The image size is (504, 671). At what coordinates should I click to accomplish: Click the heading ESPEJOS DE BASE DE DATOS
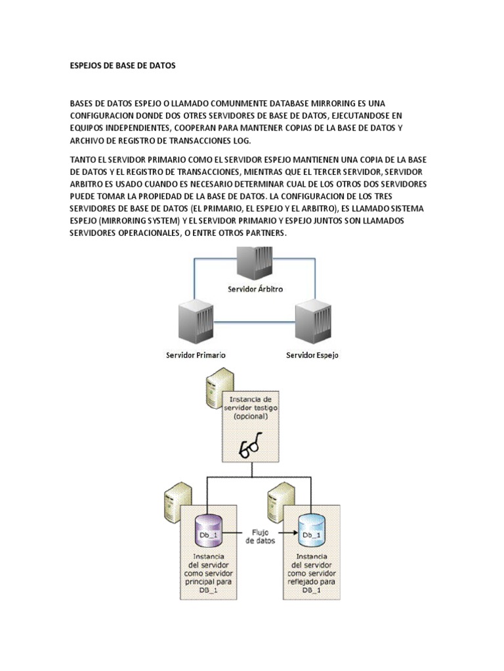pos(123,66)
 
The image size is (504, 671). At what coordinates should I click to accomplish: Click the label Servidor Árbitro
pos(255,289)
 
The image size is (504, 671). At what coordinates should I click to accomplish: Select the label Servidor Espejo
pos(312,355)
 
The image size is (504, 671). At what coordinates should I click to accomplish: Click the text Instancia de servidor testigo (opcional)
pos(251,408)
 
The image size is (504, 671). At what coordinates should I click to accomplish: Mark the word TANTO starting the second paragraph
pos(83,159)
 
